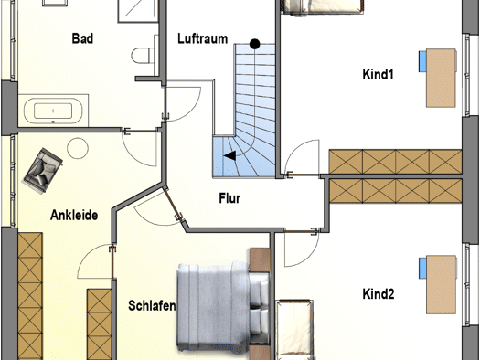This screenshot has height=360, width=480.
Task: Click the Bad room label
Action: coord(82,38)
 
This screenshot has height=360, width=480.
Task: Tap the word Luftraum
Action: coord(203,39)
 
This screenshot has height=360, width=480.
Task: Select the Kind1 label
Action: coord(378,74)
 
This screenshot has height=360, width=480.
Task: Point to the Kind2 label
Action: coord(379,293)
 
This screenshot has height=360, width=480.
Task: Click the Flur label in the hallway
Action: coord(229,198)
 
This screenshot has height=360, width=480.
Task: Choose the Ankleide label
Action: coord(74,215)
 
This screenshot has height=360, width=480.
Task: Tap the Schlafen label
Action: coord(152,305)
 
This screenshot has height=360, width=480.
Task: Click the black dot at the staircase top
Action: coord(255,44)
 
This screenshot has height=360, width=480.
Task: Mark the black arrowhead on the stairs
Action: coord(229,155)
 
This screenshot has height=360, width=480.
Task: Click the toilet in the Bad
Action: coord(144,56)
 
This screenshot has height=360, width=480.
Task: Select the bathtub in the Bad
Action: coord(53,111)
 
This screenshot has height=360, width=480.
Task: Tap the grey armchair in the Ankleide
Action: coord(43,171)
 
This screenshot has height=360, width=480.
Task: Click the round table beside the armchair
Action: coord(78,148)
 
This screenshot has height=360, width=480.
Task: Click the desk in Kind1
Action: coord(441,78)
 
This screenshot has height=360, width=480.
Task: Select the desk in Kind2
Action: coord(441,284)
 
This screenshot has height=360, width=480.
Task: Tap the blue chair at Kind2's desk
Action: coord(422,268)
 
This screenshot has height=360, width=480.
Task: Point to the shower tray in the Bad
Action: coord(138,11)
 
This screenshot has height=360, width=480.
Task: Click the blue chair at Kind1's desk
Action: coord(422,61)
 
